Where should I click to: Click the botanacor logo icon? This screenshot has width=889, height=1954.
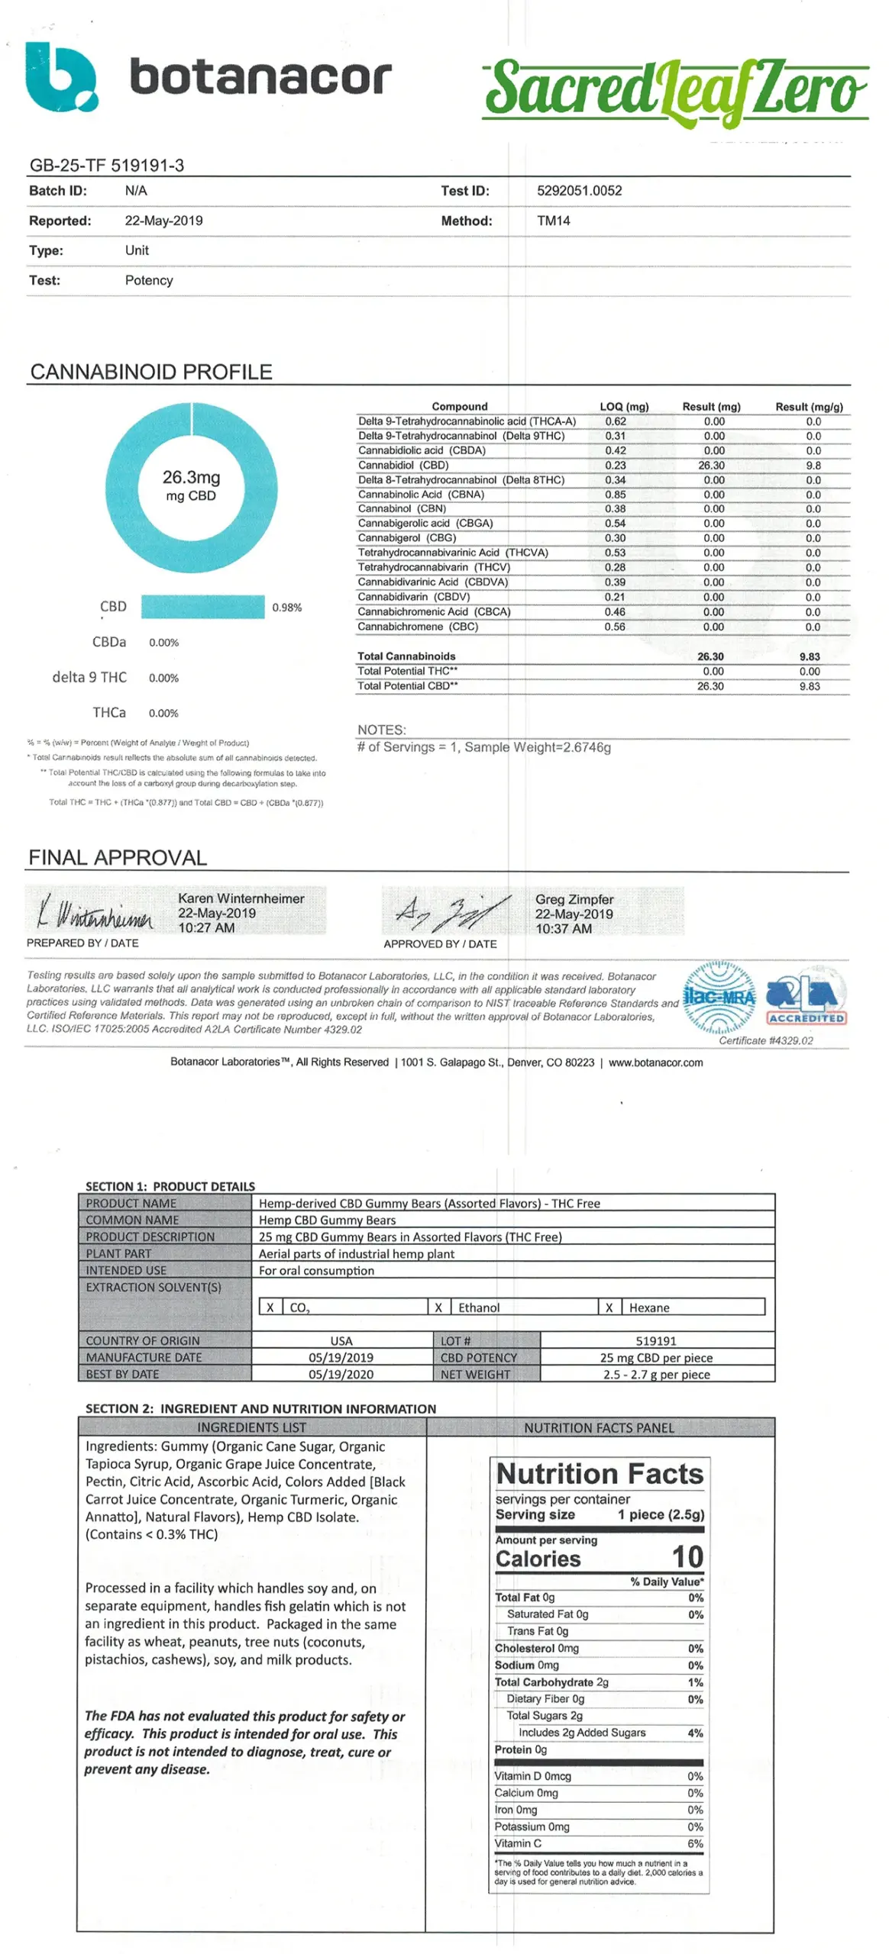pyautogui.click(x=61, y=77)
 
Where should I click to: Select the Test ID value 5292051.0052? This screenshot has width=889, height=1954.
pyautogui.click(x=579, y=191)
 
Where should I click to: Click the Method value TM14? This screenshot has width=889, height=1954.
pyautogui.click(x=553, y=221)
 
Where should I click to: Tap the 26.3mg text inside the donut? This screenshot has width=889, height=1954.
pyautogui.click(x=191, y=478)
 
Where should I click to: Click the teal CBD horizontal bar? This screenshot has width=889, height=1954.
pyautogui.click(x=202, y=607)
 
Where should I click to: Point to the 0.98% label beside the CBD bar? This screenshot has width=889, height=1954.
pyautogui.click(x=286, y=608)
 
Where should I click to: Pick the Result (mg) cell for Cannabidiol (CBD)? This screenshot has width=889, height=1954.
pyautogui.click(x=711, y=465)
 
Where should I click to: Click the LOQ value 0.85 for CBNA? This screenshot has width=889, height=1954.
pyautogui.click(x=615, y=494)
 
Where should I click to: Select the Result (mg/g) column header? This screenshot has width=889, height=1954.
pyautogui.click(x=809, y=407)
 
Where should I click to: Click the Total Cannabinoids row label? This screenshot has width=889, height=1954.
pyautogui.click(x=406, y=656)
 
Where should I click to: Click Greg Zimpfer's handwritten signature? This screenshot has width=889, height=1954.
pyautogui.click(x=451, y=911)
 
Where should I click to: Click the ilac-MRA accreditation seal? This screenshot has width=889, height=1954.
pyautogui.click(x=718, y=997)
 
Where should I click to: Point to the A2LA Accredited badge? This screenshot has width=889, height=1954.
pyautogui.click(x=806, y=997)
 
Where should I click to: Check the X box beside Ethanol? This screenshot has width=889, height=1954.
pyautogui.click(x=438, y=1308)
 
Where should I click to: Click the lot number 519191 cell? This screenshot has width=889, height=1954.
pyautogui.click(x=655, y=1341)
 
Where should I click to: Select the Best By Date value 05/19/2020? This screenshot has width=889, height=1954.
pyautogui.click(x=341, y=1375)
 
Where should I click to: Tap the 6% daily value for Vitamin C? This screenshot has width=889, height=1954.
pyautogui.click(x=695, y=1843)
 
